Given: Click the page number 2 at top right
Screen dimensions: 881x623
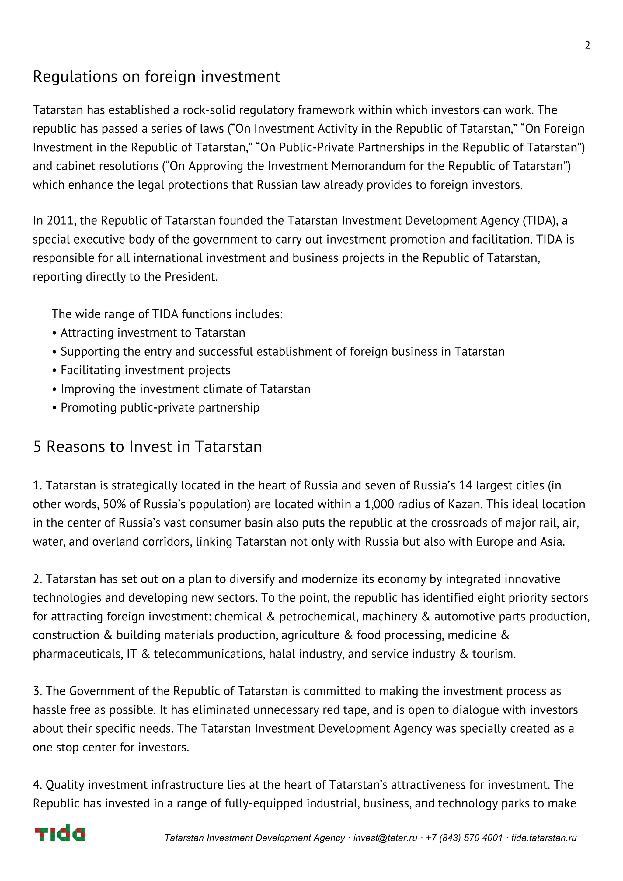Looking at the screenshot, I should (x=587, y=46).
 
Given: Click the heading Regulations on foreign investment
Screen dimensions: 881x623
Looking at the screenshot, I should (x=156, y=76).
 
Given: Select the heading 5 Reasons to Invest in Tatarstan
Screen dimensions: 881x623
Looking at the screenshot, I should (x=148, y=447).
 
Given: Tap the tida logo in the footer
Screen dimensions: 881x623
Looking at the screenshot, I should (x=60, y=833).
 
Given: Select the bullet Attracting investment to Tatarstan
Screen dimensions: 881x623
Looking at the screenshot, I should (x=152, y=333).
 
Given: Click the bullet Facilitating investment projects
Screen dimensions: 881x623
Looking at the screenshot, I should (x=145, y=370).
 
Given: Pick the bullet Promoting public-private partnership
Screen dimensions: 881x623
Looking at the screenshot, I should (x=160, y=407).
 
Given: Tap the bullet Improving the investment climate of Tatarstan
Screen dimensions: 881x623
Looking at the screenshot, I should (x=185, y=389).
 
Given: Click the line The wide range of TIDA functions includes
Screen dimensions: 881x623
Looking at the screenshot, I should (x=167, y=314).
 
